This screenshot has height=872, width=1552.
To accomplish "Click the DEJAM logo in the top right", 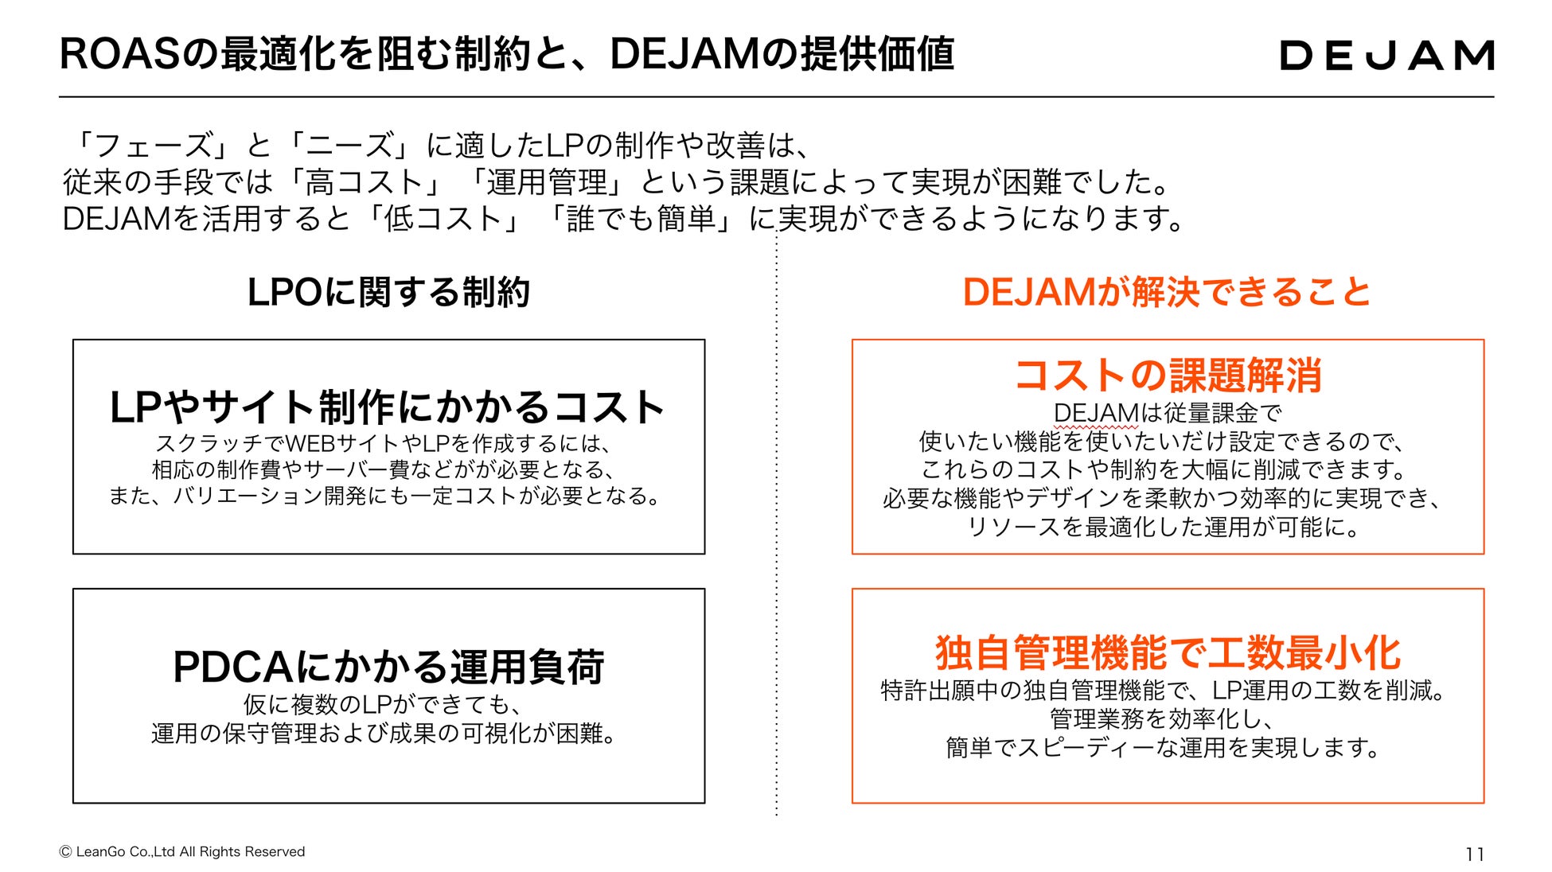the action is point(1386,55).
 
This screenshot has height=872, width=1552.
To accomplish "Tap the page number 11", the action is point(1474,854).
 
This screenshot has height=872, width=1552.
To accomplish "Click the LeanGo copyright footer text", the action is point(182,851).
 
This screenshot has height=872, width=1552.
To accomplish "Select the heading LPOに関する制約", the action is point(388,292).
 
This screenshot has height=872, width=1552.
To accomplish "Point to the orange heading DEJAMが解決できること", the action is point(1167,292).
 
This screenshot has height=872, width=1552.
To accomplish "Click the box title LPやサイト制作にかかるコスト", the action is point(388,407).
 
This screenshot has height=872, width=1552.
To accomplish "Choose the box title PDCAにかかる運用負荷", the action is point(388,667).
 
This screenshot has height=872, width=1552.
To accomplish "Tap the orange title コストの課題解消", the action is point(1168,376).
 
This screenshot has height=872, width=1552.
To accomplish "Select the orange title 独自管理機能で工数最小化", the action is point(1168,653).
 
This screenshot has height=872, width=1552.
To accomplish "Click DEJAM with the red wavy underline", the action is point(1096,413).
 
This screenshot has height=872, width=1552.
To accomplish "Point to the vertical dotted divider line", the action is point(777,557).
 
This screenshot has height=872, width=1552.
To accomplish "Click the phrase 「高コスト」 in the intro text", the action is point(364,182).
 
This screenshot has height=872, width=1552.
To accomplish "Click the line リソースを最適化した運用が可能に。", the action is point(1167,527).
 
